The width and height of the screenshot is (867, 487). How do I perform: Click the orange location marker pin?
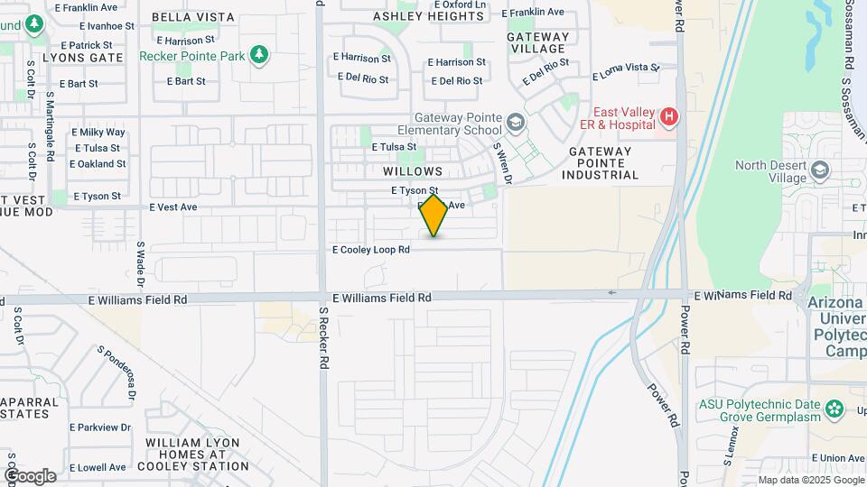coord(434,215)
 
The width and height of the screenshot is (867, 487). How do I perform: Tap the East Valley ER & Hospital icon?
coord(668,116)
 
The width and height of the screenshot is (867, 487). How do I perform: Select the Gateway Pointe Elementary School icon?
coord(515,123)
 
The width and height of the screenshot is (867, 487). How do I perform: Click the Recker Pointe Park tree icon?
coord(260,55)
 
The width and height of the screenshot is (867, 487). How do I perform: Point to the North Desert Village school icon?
coord(820,170)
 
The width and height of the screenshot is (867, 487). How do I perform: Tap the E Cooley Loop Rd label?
coord(371,250)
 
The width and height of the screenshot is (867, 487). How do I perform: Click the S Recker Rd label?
coord(323,338)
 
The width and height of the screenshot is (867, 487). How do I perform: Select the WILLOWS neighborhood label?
coord(413,171)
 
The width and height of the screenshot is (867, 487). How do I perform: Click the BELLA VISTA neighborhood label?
coord(193,17)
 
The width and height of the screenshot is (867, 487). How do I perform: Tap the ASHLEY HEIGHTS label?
coord(428,16)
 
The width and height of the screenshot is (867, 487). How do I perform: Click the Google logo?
coord(30,475)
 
